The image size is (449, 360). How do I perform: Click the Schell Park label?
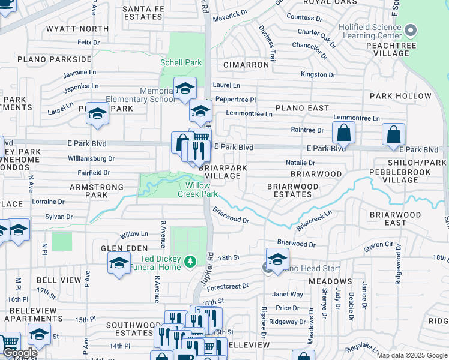click(181, 62)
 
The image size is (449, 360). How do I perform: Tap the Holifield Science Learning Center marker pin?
click(411, 29)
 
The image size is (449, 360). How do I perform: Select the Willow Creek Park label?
click(197, 190)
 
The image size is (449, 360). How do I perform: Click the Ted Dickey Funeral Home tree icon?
click(190, 261)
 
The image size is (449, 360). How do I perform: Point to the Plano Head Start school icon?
click(277, 259)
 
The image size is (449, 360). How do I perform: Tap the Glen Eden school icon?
click(119, 262)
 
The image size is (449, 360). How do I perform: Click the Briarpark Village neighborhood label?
click(222, 172)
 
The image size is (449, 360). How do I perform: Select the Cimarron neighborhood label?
click(246, 64)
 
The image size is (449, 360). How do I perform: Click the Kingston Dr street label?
click(318, 75)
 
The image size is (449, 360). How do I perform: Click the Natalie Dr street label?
click(301, 163)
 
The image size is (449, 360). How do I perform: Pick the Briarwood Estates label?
click(293, 190)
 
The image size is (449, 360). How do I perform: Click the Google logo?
click(19, 353)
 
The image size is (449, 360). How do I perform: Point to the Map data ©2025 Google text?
click(411, 355)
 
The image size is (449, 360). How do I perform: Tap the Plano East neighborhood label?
click(302, 108)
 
